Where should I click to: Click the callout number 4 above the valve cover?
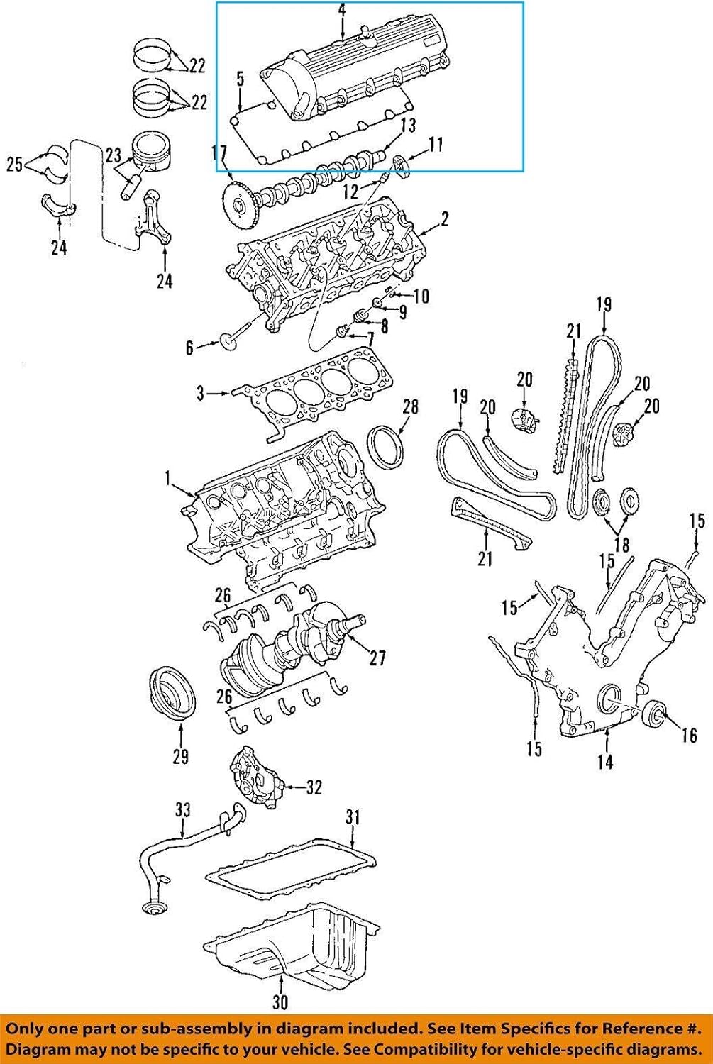pyautogui.click(x=342, y=10)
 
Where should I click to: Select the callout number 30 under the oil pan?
pyautogui.click(x=280, y=1002)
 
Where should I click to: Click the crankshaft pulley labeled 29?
pyautogui.click(x=172, y=694)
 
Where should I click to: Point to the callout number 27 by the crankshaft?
pyautogui.click(x=377, y=658)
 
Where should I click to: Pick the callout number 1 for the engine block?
pyautogui.click(x=169, y=480)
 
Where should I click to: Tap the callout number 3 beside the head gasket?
pyautogui.click(x=201, y=392)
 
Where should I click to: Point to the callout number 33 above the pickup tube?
pyautogui.click(x=183, y=810)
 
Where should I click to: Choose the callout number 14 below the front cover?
pyautogui.click(x=604, y=762)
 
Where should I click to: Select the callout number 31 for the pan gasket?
pyautogui.click(x=353, y=817)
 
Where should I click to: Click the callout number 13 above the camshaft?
pyautogui.click(x=407, y=126)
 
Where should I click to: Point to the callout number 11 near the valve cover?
pyautogui.click(x=435, y=145)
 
